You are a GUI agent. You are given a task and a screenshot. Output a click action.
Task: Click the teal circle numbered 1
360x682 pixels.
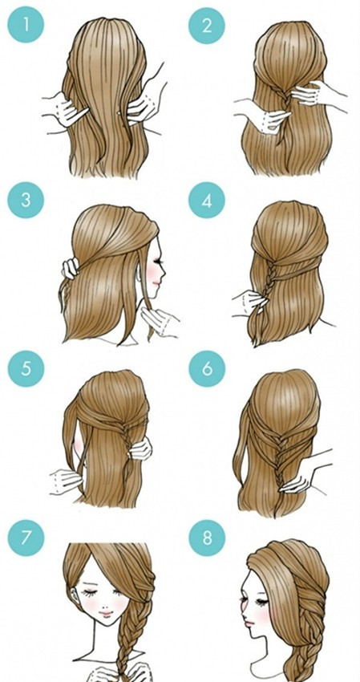point(26,25)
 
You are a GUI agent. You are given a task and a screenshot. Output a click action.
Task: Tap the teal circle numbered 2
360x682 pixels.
point(207,25)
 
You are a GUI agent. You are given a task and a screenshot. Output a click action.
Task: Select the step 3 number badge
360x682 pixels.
point(26,200)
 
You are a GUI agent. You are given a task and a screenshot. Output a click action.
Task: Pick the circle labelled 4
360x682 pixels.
point(207,200)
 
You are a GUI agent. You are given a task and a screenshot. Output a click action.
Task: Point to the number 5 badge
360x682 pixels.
point(26,368)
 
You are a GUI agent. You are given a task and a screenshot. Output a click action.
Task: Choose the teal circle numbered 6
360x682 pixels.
point(207,368)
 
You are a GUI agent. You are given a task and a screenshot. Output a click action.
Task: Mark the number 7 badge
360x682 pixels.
point(26,538)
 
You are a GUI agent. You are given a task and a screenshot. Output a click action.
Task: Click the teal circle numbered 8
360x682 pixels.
point(207,538)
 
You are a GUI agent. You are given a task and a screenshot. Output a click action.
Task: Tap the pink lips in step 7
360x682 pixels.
point(106,614)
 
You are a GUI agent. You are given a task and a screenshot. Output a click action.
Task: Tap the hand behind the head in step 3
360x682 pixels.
point(71,268)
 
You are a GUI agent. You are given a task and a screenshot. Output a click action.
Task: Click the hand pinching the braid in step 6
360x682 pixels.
point(299,478)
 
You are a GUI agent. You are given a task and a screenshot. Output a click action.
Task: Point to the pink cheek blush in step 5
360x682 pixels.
point(79,445)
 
